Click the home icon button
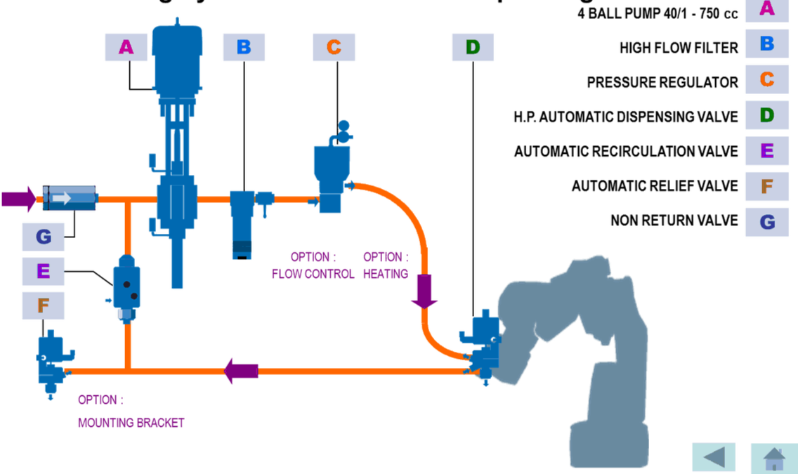773,457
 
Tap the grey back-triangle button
714,457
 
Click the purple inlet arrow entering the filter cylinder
17,199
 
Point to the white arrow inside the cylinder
62,199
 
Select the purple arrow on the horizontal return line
241,370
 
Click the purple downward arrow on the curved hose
424,290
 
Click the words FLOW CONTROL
313,274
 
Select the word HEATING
385,274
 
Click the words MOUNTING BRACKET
131,423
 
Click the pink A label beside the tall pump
126,47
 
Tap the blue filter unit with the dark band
242,223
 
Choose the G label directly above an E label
43,236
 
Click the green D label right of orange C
473,47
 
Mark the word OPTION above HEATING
385,256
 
